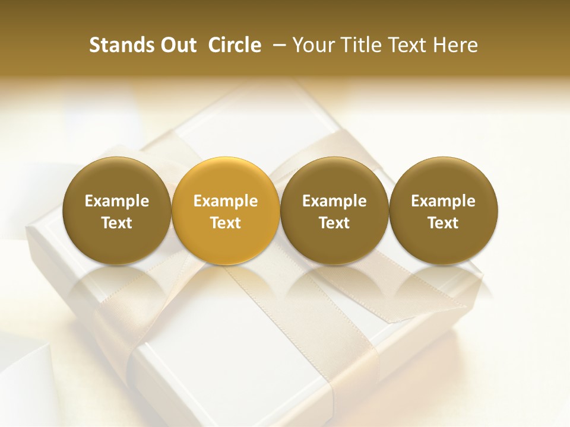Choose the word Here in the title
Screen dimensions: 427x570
pos(455,45)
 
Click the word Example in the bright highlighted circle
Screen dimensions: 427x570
pos(226,201)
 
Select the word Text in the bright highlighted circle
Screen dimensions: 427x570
pos(226,223)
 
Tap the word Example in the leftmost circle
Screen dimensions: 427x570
pos(117,201)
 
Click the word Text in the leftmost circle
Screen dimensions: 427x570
pos(117,223)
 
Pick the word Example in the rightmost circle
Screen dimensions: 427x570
pos(443,201)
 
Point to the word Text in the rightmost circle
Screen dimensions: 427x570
pos(443,223)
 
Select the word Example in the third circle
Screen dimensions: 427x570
pos(334,201)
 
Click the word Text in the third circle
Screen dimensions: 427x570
pos(334,223)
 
